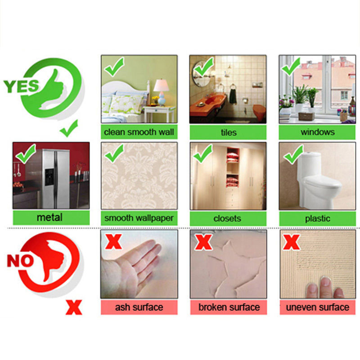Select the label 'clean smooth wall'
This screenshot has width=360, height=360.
[x=139, y=132]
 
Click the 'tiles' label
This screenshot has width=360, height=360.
[x=228, y=132]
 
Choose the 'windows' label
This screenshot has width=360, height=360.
[x=317, y=132]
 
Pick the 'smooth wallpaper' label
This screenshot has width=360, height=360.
[x=139, y=218]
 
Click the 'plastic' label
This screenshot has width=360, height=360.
[x=317, y=219]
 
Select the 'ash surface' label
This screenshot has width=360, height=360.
[x=139, y=307]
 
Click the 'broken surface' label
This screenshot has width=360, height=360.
[x=229, y=307]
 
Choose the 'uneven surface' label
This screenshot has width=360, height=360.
[x=318, y=307]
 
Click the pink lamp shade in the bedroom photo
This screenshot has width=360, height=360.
[x=161, y=85]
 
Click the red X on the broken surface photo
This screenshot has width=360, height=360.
[x=203, y=242]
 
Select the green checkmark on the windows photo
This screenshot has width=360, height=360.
[x=291, y=67]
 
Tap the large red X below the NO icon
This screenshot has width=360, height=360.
[x=74, y=307]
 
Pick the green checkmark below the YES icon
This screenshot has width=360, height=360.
[x=69, y=129]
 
